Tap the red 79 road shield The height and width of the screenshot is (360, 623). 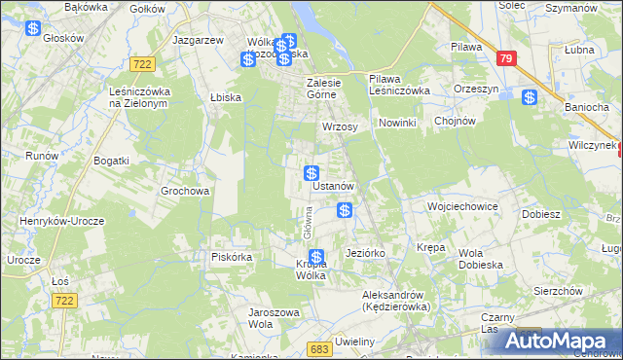(504, 58)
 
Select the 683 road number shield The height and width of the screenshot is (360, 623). (318, 347)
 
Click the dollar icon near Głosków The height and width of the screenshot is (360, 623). (33, 28)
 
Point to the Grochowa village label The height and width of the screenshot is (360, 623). (185, 192)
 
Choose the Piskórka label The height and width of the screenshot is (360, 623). (233, 257)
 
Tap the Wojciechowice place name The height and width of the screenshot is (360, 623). (462, 207)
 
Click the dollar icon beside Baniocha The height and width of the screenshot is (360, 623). (530, 97)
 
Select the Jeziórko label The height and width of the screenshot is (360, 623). (366, 253)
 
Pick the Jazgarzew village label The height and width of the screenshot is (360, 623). (198, 41)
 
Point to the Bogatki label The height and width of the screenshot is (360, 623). (111, 159)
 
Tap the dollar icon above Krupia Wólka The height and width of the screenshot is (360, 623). (316, 257)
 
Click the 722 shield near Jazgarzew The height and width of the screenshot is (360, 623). (142, 63)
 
